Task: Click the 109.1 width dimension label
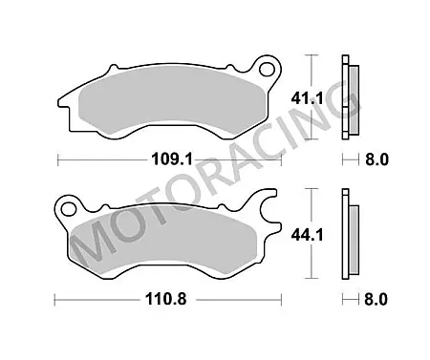click(x=172, y=159)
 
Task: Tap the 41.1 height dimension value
click(x=307, y=98)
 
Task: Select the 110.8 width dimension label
click(x=166, y=299)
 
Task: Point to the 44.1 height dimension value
click(x=307, y=236)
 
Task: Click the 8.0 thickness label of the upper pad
click(x=376, y=159)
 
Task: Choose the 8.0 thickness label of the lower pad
click(x=376, y=300)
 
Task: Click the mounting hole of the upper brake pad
click(x=267, y=69)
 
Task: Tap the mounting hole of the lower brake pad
click(x=69, y=209)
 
